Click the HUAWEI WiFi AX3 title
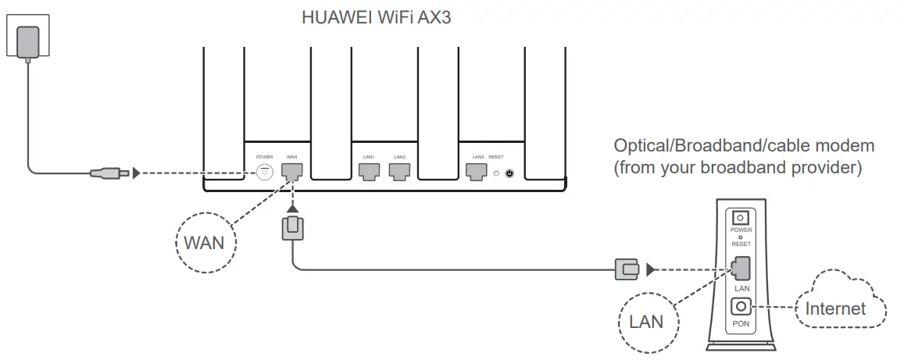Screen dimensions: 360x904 [x=377, y=16]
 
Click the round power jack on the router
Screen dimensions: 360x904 [x=264, y=171]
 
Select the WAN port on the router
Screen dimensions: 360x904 [x=291, y=171]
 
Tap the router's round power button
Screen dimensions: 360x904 [x=510, y=173]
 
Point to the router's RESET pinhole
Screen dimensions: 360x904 [x=495, y=173]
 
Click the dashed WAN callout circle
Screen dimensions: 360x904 [x=203, y=242]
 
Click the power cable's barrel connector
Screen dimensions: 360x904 [x=109, y=172]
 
